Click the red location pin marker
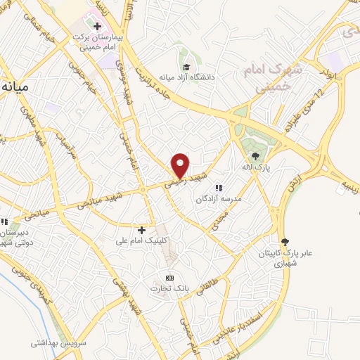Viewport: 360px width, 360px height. click(x=181, y=165)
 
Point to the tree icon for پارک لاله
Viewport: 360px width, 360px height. click(x=255, y=156)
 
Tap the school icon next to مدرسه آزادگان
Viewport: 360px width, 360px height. click(x=218, y=188)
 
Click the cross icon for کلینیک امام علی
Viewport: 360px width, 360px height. click(x=141, y=229)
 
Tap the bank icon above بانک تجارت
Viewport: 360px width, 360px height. click(x=168, y=276)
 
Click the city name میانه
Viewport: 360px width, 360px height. click(x=15, y=88)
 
